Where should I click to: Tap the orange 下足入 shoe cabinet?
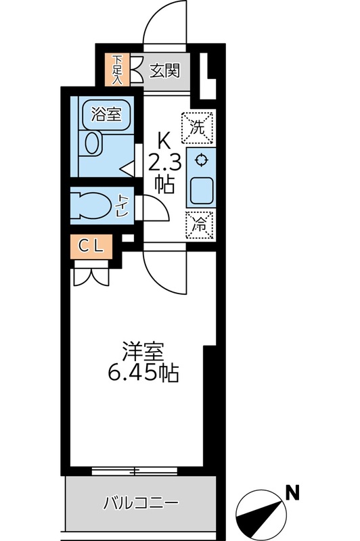(117, 68)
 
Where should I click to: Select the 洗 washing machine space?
(199, 126)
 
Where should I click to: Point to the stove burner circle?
(200, 160)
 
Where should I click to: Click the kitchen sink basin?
(200, 191)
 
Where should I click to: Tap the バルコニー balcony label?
(141, 504)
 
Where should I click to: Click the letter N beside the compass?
(292, 493)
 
